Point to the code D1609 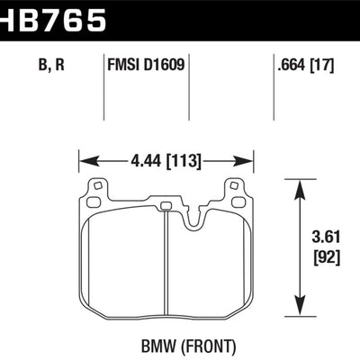coord(165,64)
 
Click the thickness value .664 coord(290,64)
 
